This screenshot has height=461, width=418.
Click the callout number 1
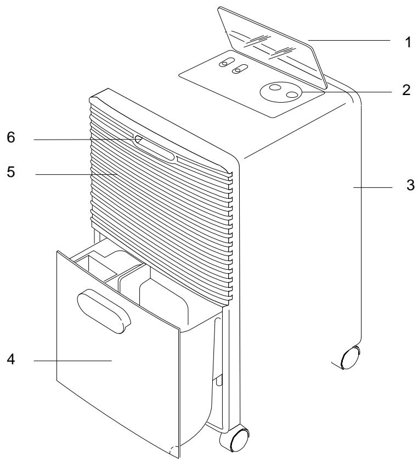[407, 43]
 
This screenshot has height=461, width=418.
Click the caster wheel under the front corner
[234, 441]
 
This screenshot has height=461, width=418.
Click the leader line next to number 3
[374, 187]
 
